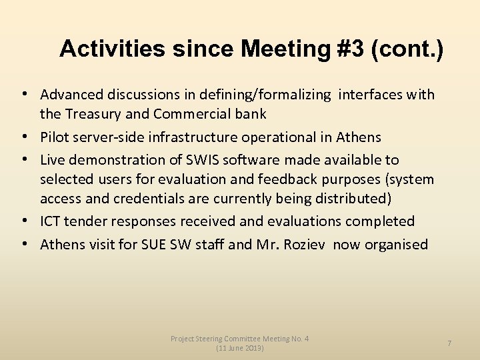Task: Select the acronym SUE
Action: [153, 245]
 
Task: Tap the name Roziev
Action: [305, 245]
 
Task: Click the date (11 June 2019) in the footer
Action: [240, 348]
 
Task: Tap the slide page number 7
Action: [449, 343]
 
